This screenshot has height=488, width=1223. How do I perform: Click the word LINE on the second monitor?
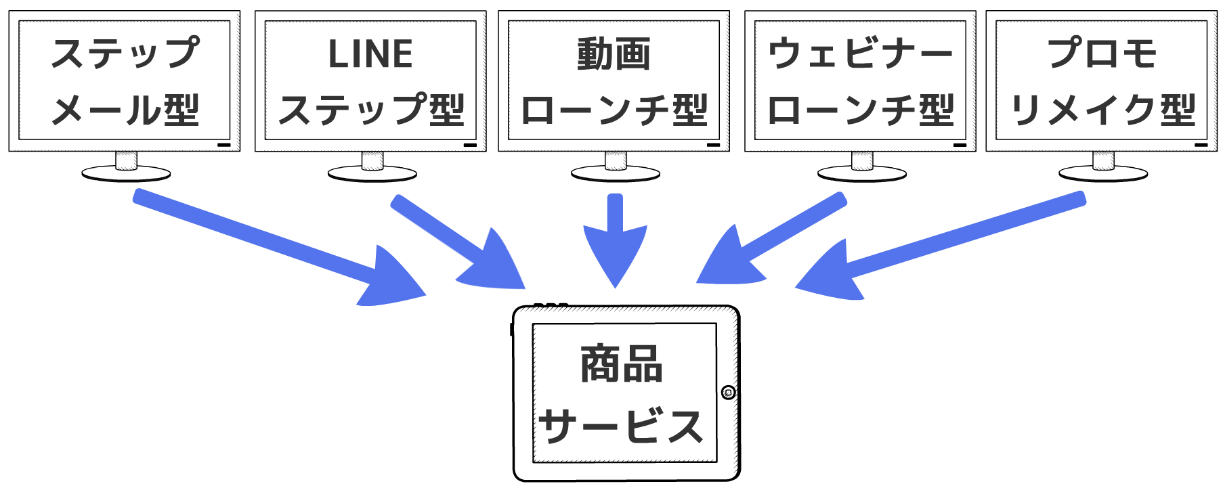click(370, 54)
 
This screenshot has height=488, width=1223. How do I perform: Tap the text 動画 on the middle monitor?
click(614, 54)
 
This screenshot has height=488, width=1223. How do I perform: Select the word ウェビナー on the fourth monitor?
click(860, 54)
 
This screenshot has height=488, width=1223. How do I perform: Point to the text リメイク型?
click(1102, 110)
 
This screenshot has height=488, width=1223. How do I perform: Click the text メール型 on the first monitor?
click(125, 110)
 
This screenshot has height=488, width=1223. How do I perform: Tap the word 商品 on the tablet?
click(621, 364)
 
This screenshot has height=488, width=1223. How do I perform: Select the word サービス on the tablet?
click(621, 426)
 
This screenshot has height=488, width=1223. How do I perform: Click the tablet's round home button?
click(728, 393)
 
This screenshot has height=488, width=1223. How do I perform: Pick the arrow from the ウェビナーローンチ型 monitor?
click(772, 240)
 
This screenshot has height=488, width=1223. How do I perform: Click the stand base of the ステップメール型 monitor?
click(126, 174)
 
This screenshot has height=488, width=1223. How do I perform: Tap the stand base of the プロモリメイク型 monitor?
click(1103, 174)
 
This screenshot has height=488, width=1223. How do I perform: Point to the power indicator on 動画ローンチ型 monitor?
click(713, 145)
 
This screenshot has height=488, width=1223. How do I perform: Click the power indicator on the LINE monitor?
click(470, 145)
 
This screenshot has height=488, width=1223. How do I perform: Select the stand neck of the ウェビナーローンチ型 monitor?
click(862, 160)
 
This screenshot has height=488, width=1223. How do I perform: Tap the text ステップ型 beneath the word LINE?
click(370, 110)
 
